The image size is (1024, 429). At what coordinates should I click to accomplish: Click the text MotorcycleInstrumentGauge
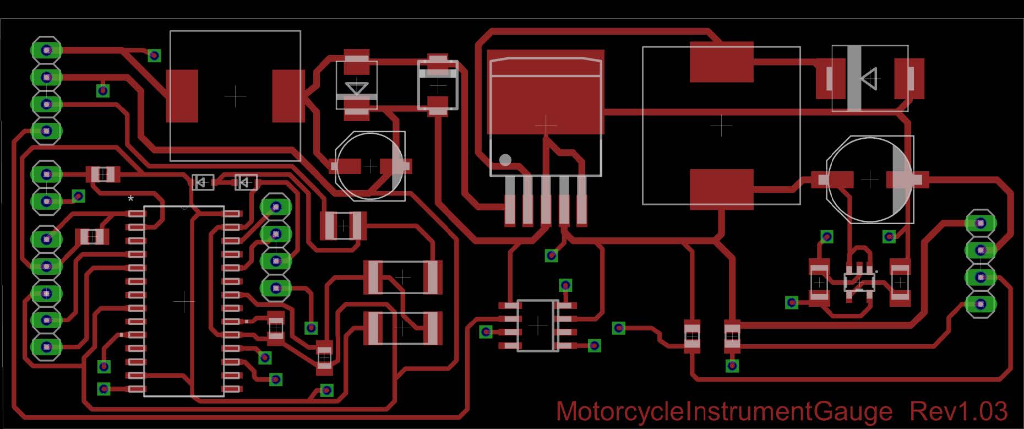[x=724, y=412]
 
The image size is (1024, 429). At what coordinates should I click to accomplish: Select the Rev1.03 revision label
[x=958, y=411]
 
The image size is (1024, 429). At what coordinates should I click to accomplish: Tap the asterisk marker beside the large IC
[x=130, y=199]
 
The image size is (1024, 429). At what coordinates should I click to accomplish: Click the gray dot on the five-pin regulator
[x=505, y=160]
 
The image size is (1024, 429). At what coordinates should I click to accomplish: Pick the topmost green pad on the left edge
[x=46, y=50]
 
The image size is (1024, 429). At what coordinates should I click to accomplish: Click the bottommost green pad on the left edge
[x=46, y=346]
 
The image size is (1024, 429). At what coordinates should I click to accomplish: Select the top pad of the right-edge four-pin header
[x=981, y=223]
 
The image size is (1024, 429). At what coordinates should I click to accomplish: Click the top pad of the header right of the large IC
[x=276, y=207]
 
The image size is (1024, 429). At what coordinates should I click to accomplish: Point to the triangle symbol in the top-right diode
[x=869, y=78]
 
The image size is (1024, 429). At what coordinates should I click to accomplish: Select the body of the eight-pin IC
[x=538, y=325]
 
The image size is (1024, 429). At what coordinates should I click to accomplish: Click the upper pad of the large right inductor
[x=721, y=62]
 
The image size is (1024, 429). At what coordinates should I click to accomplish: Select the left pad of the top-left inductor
[x=183, y=96]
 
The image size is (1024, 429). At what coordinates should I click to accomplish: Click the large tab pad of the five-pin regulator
[x=546, y=99]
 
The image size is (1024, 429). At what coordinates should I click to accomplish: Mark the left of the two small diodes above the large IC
[x=203, y=182]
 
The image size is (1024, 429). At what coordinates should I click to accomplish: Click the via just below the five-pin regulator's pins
[x=551, y=256]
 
